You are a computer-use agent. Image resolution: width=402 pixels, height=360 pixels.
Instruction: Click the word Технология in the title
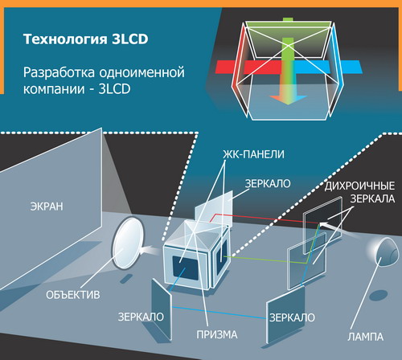(x=65, y=39)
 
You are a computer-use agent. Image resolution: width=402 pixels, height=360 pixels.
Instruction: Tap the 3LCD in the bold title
(x=129, y=39)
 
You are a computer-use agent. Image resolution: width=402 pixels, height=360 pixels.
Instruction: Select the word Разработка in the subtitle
(x=59, y=72)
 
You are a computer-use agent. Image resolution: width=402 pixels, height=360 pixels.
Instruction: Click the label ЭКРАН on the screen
(x=47, y=207)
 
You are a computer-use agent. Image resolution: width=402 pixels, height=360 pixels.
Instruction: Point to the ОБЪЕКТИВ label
(x=73, y=295)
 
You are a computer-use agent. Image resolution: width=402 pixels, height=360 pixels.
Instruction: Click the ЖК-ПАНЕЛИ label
(x=253, y=154)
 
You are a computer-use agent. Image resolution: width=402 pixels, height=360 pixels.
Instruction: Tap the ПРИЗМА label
(x=217, y=334)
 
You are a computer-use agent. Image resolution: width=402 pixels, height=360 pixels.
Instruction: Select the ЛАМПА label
(x=366, y=337)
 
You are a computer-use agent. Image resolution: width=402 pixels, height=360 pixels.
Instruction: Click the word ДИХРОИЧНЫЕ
(x=359, y=186)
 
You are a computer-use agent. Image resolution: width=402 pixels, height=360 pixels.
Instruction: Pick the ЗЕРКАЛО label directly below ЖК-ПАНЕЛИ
(x=268, y=184)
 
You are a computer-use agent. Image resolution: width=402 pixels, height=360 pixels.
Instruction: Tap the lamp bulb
(x=386, y=252)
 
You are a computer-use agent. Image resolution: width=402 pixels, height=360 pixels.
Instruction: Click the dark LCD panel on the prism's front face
(x=186, y=268)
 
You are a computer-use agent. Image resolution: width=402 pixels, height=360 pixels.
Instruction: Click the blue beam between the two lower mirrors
(x=219, y=313)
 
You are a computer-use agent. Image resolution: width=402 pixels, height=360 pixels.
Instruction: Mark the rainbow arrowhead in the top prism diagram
(x=288, y=100)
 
